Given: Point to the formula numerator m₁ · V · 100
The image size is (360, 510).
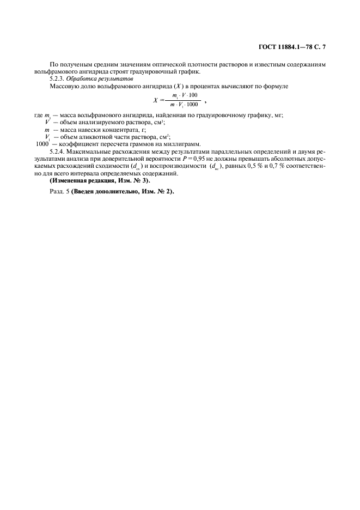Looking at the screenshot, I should click(185, 96).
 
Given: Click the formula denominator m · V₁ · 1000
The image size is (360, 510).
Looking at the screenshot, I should click(185, 105).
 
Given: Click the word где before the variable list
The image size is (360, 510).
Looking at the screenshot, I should click(38, 114).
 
